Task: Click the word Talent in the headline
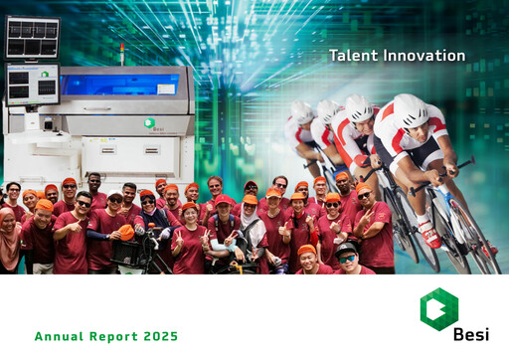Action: pyautogui.click(x=352, y=56)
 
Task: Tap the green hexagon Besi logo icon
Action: pyautogui.click(x=439, y=309)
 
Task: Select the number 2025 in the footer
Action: pyautogui.click(x=159, y=337)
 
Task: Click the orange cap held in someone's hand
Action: pyautogui.click(x=126, y=233)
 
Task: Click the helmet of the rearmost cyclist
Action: pyautogui.click(x=300, y=109)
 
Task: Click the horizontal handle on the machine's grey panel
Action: pyautogui.click(x=97, y=107)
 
